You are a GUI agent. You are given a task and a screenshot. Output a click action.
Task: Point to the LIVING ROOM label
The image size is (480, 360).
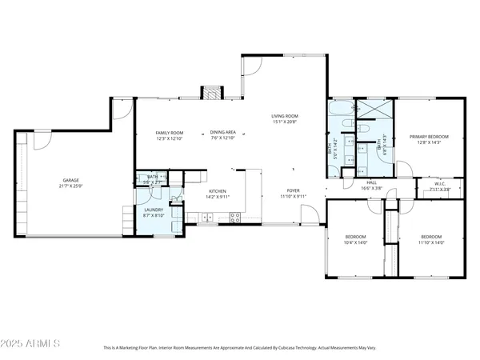pyautogui.click(x=284, y=117)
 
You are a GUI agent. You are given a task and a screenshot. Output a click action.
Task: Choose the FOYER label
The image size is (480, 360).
pyautogui.click(x=294, y=190)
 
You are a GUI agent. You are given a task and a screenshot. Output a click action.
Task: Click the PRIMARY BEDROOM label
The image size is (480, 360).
pyautogui.click(x=429, y=137)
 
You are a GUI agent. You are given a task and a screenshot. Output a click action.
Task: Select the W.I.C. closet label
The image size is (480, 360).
pyautogui.click(x=439, y=184)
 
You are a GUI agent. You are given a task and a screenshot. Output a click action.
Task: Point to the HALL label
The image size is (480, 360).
pyautogui.click(x=371, y=182)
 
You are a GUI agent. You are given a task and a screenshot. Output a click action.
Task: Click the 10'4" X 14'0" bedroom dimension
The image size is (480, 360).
pyautogui.click(x=355, y=242)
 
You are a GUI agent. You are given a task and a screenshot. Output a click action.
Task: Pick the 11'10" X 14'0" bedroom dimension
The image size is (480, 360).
pyautogui.click(x=431, y=242)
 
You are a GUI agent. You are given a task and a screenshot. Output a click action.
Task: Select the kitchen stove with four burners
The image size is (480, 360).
pyautogui.click(x=235, y=215)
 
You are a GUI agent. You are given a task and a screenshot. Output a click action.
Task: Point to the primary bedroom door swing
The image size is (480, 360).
pyautogui.click(x=406, y=169)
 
